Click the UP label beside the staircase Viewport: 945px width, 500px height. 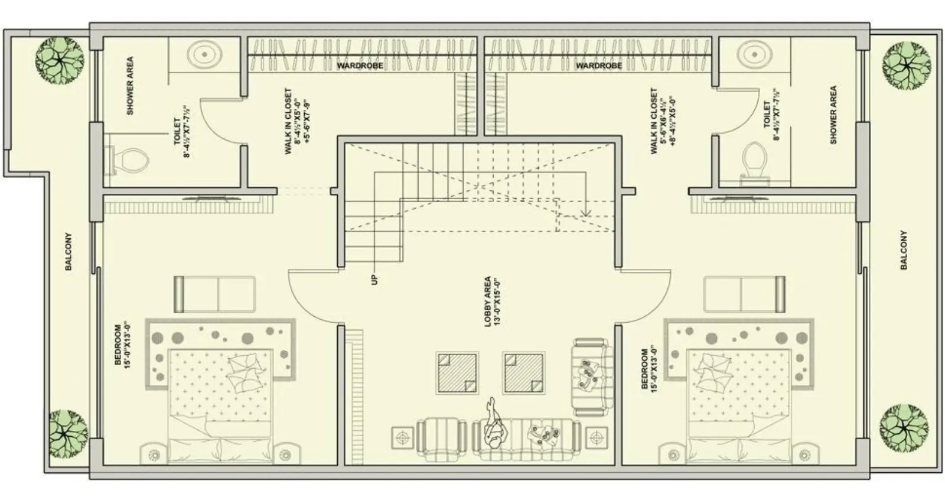coord(374,278)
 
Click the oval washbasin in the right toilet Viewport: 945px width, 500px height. coord(753,54)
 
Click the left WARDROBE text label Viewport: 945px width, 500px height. coord(360,66)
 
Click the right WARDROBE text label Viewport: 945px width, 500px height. coord(598,66)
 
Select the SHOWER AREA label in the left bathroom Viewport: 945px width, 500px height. coord(130,86)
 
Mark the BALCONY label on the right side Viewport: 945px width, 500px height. coord(904,250)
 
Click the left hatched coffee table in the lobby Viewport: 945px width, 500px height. coord(457,373)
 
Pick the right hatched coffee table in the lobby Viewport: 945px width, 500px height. coord(524,373)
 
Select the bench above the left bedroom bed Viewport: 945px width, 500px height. coord(214,294)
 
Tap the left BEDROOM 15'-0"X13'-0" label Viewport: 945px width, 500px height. coord(122,345)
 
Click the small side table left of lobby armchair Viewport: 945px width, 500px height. coord(403,438)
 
